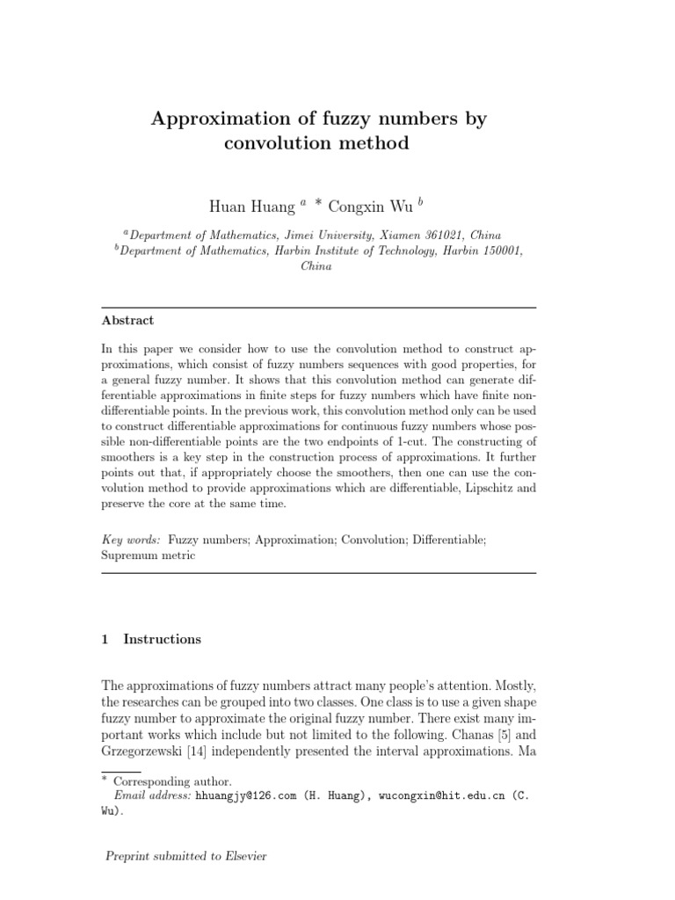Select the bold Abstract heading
[127, 321]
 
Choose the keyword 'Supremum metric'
[149, 555]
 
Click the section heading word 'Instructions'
[163, 639]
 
